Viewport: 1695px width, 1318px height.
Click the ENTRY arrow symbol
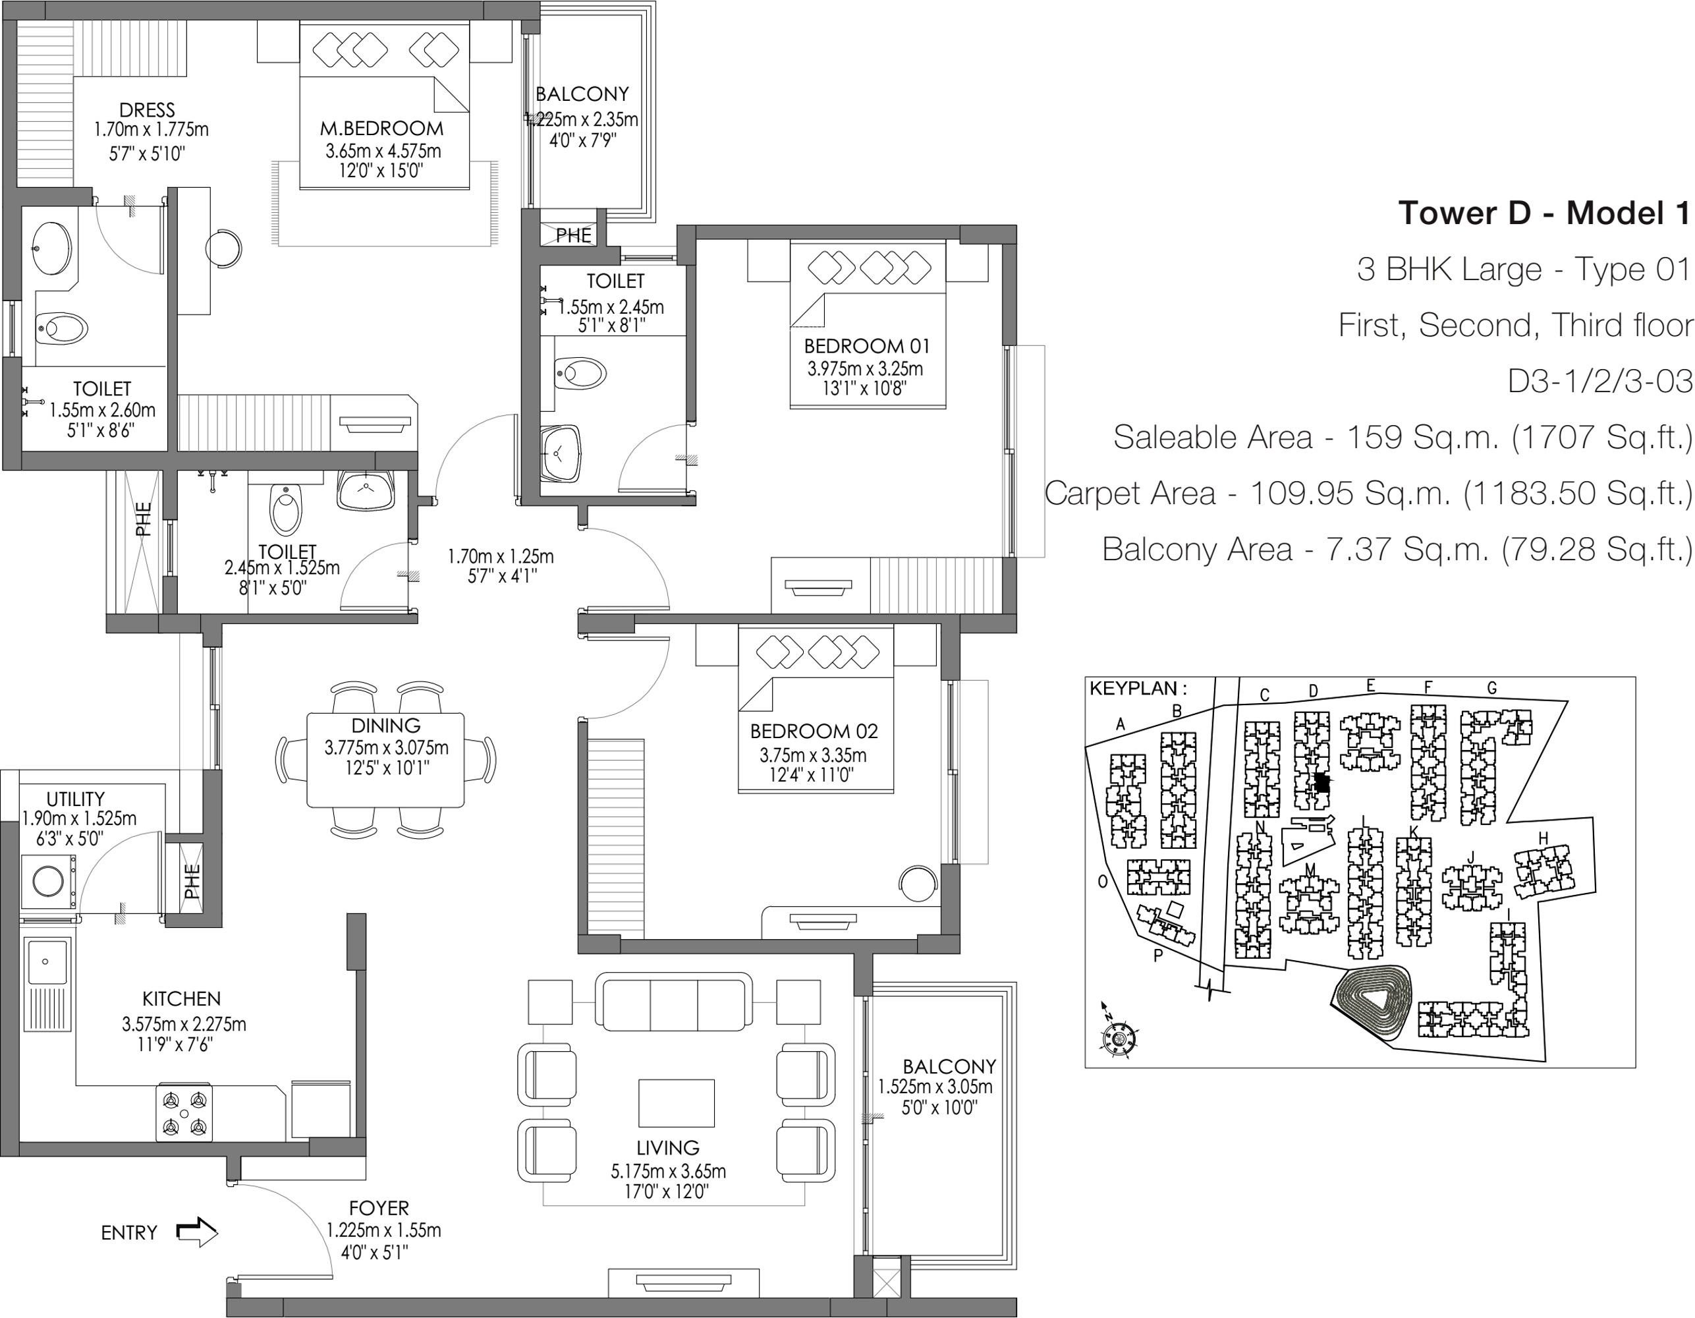(197, 1231)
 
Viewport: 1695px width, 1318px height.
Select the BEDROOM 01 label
(866, 346)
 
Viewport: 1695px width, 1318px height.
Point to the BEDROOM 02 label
(814, 731)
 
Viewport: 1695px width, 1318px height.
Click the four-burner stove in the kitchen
(184, 1113)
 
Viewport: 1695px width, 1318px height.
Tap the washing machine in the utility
(48, 882)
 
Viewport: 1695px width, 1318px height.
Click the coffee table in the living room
(676, 1103)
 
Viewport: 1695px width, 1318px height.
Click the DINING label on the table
(386, 726)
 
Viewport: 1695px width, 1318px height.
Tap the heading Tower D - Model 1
(1543, 213)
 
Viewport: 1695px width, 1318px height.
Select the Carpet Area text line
(1368, 493)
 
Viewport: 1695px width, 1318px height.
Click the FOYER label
(379, 1208)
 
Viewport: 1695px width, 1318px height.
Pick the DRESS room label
(147, 110)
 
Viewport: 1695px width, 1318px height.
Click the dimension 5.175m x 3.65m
(668, 1170)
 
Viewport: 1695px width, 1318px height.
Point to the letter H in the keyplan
(1543, 838)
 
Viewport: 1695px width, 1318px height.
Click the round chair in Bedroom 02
(918, 883)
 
